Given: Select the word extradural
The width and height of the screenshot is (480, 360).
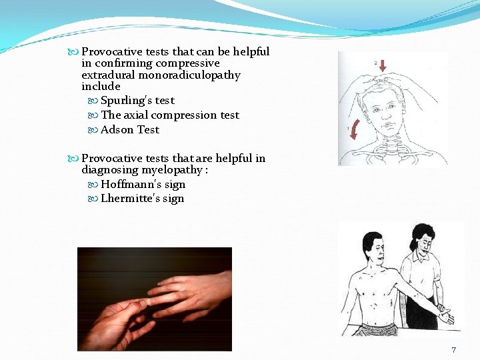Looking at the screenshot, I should (109, 75).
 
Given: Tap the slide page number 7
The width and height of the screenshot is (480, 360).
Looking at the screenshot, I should (453, 350).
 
